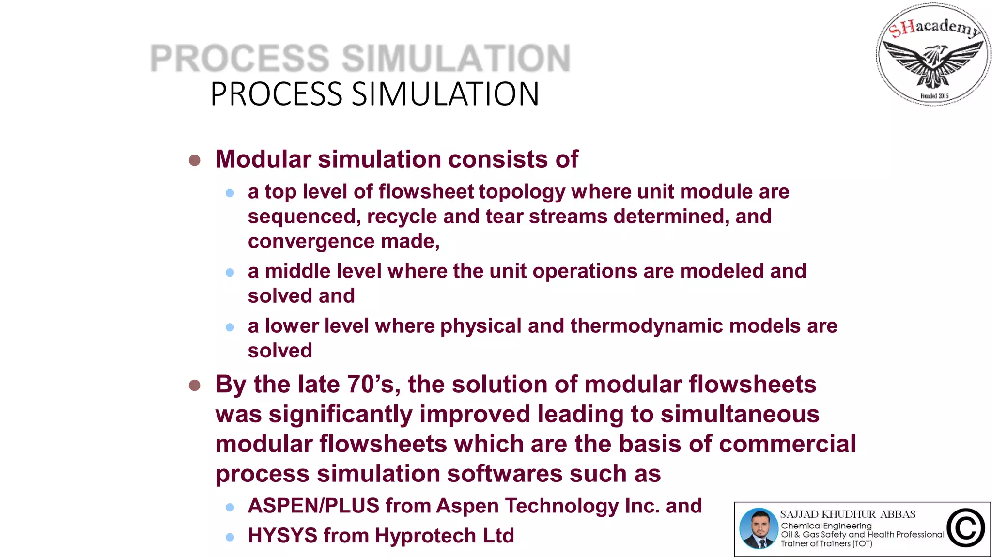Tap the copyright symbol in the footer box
coord(965,528)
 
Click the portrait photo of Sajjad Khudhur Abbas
coord(759,528)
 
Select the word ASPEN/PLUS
coord(313,506)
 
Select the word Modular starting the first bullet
coord(263,159)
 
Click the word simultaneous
coord(740,415)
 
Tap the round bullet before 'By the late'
coord(194,385)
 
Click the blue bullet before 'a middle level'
coord(230,273)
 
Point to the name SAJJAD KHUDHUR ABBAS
coord(848,514)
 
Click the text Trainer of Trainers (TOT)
coord(826,544)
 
